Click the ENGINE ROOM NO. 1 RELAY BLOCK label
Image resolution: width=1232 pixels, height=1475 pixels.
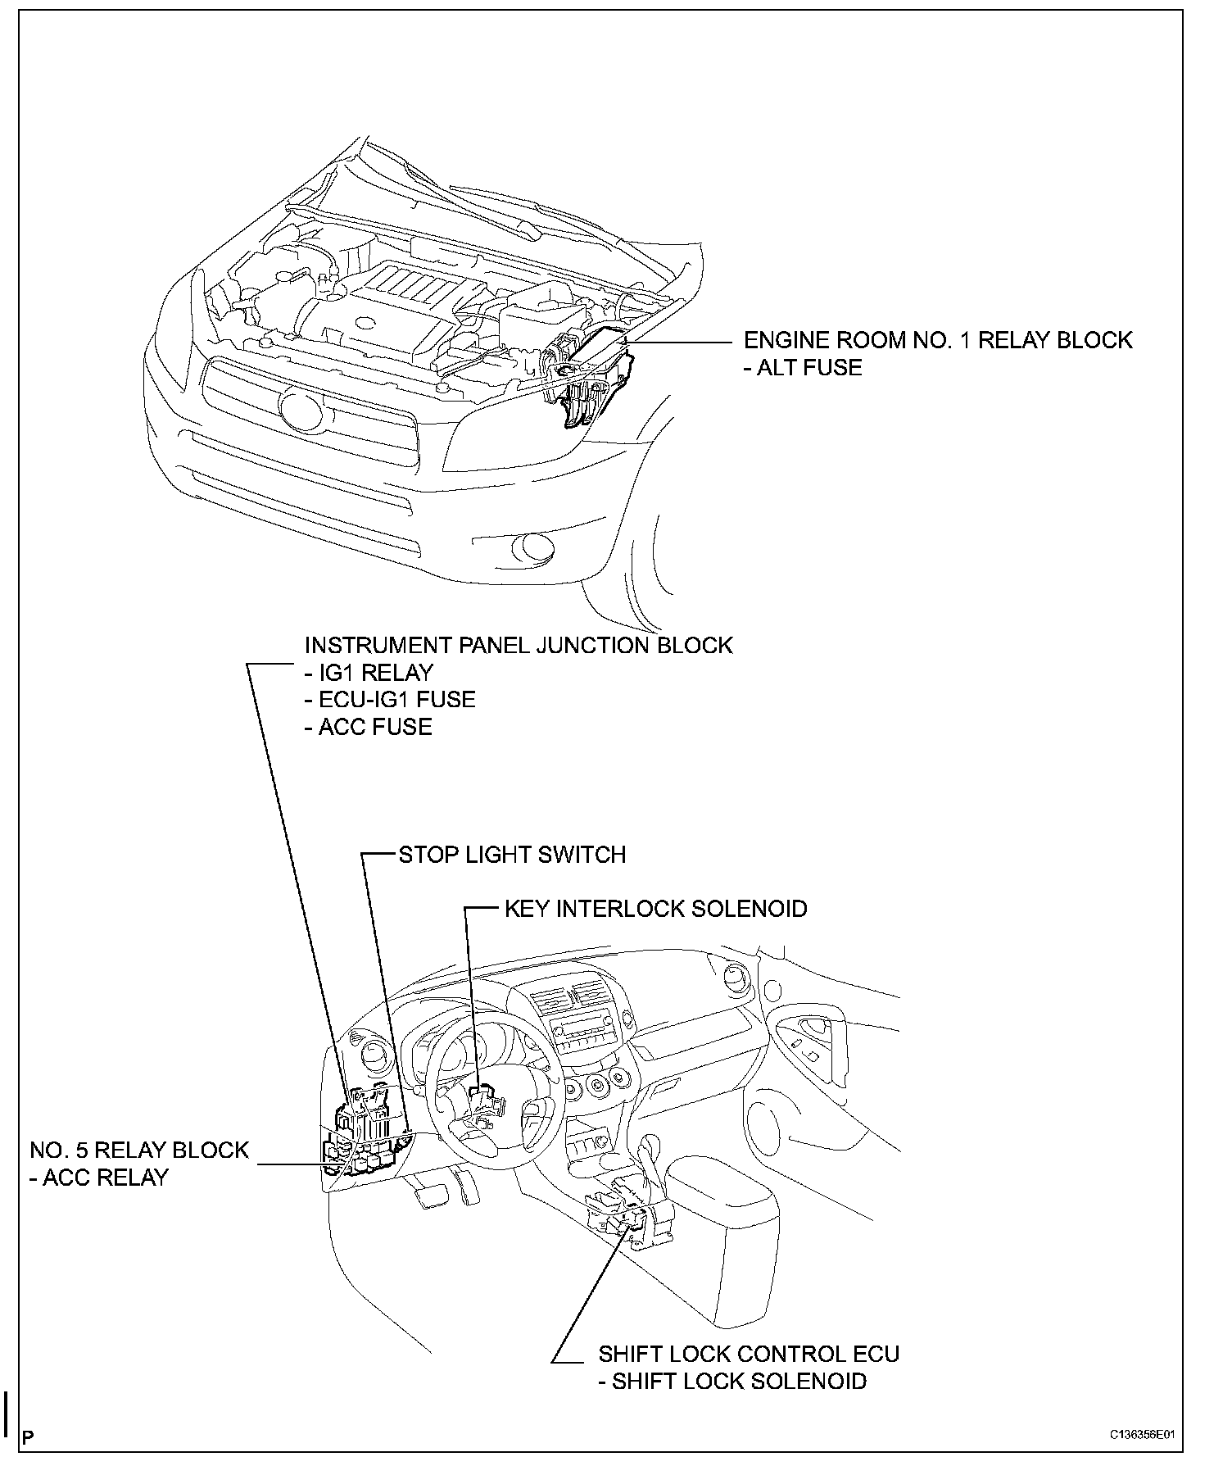pyautogui.click(x=937, y=340)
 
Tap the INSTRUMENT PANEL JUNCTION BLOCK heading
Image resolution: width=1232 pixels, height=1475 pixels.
pyautogui.click(x=518, y=646)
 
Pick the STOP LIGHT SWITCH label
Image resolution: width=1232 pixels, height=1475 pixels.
pyautogui.click(x=512, y=855)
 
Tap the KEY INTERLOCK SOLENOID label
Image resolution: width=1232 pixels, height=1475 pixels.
pyautogui.click(x=655, y=909)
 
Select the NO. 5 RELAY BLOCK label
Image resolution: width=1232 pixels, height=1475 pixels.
pyautogui.click(x=138, y=1150)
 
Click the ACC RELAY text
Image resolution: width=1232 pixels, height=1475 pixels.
pyautogui.click(x=104, y=1178)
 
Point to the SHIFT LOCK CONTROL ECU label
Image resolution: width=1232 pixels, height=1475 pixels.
pyautogui.click(x=749, y=1354)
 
